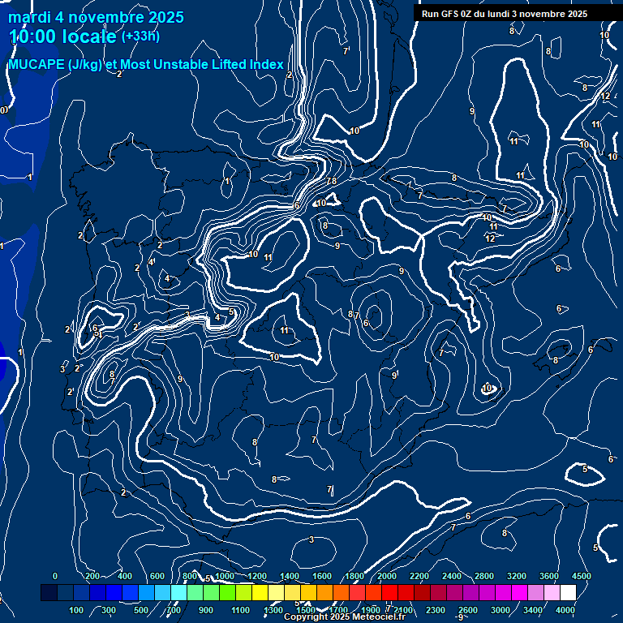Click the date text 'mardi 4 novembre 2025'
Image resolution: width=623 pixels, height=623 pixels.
click(x=96, y=17)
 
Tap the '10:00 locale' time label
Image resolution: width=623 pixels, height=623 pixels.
click(x=62, y=37)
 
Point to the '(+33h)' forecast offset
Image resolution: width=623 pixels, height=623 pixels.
click(x=140, y=37)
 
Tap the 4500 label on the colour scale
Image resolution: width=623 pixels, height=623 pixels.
click(x=581, y=576)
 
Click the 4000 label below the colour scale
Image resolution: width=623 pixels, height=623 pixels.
click(x=565, y=610)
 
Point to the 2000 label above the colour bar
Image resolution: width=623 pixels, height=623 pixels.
click(x=386, y=576)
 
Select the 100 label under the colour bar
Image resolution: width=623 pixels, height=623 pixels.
click(x=77, y=610)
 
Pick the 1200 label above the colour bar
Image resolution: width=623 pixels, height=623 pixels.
click(x=256, y=576)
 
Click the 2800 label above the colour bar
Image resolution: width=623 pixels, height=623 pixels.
click(x=483, y=576)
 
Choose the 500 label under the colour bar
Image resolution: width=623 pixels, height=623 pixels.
click(x=142, y=610)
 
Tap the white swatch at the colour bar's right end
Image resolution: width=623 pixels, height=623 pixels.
click(x=568, y=593)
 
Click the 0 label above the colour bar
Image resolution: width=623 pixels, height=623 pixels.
click(x=55, y=576)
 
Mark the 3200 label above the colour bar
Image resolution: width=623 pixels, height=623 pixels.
click(x=516, y=576)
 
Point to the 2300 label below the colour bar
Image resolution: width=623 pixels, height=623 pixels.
click(x=436, y=610)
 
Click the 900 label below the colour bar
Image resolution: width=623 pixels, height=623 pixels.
click(x=206, y=610)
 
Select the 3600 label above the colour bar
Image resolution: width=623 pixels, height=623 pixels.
click(x=548, y=576)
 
